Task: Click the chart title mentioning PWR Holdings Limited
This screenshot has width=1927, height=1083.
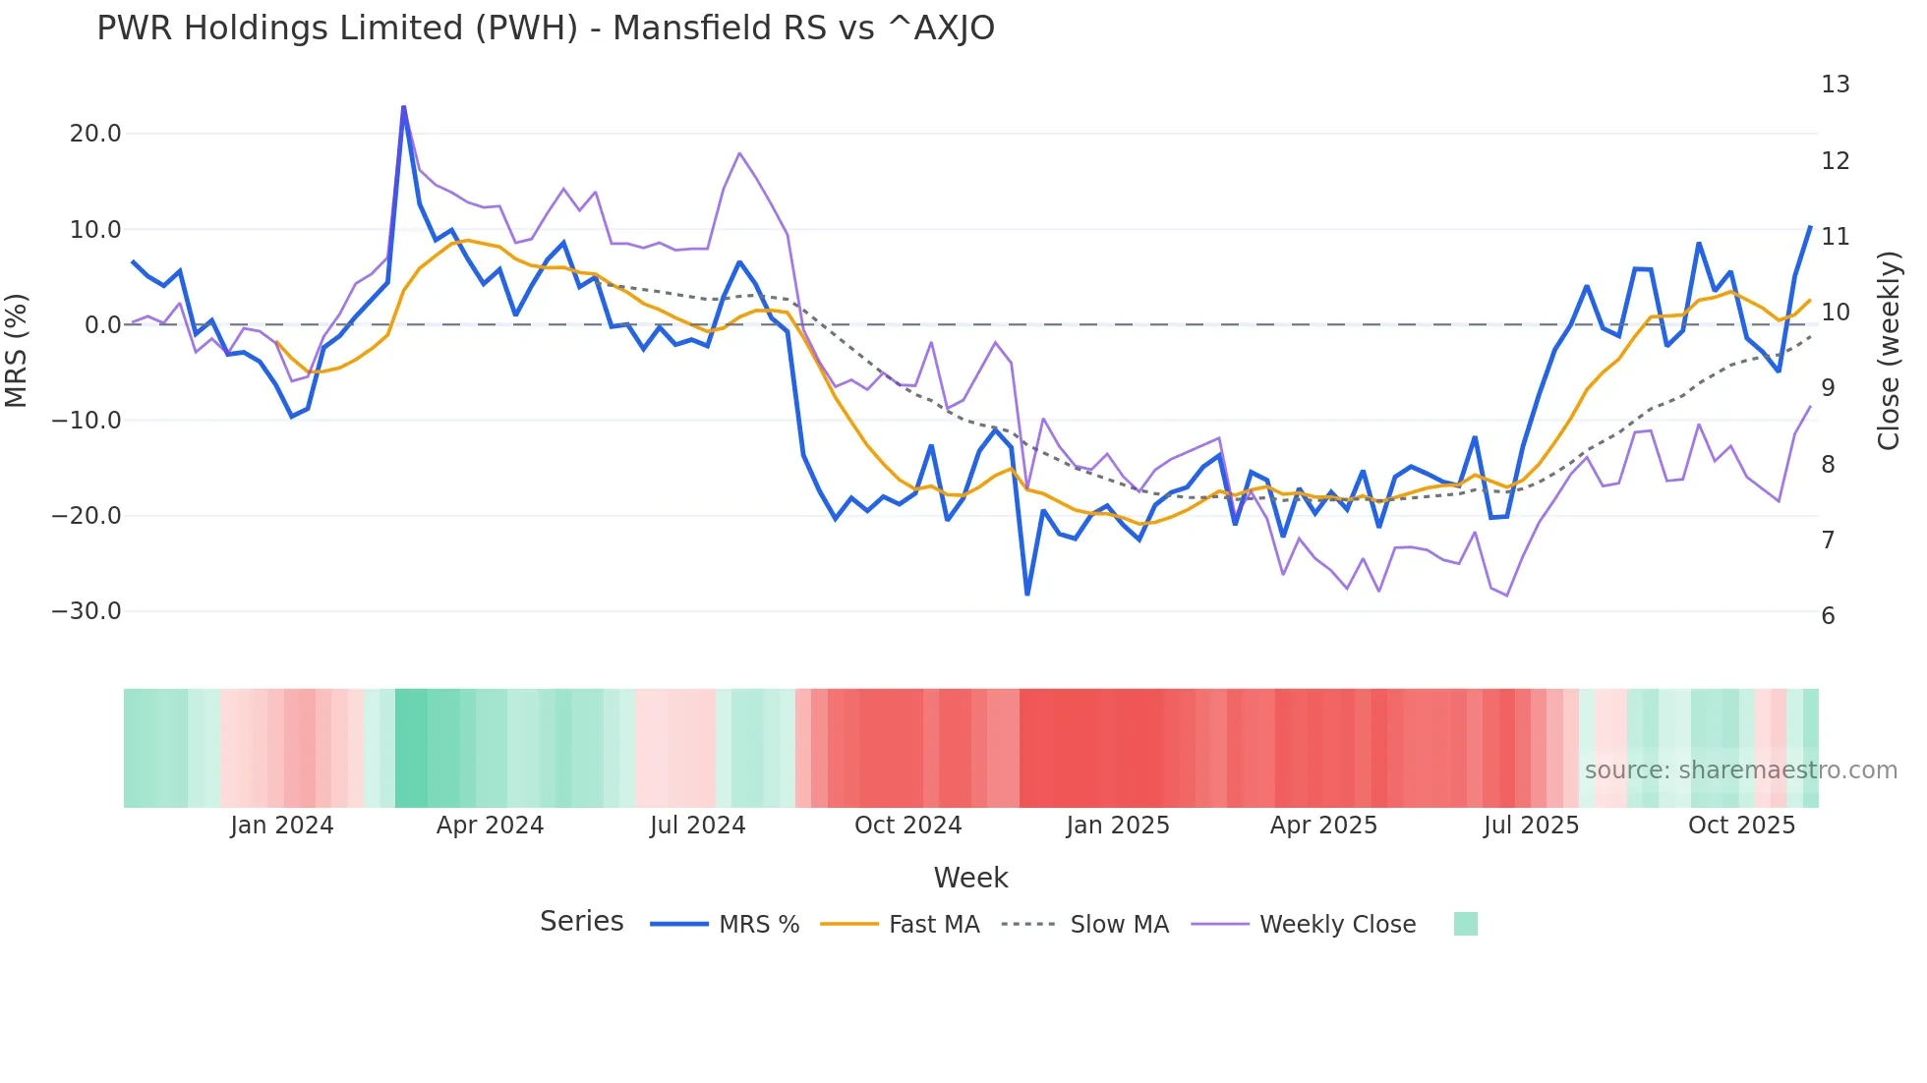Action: click(x=546, y=28)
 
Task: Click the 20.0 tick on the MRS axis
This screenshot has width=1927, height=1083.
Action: click(x=95, y=134)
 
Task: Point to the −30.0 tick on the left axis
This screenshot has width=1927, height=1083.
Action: click(x=87, y=611)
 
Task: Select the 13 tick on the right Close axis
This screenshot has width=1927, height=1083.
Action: click(x=1835, y=85)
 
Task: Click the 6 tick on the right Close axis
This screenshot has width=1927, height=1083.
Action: click(x=1828, y=616)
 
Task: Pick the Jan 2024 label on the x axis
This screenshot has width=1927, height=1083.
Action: click(x=282, y=826)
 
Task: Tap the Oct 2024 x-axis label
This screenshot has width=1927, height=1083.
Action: click(x=907, y=826)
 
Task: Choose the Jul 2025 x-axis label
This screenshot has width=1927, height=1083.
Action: click(x=1531, y=826)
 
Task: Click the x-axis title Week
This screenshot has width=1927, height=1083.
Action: click(x=970, y=878)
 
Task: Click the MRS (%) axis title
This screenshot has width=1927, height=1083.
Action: click(x=17, y=350)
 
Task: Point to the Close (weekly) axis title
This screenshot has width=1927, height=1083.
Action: click(x=1889, y=350)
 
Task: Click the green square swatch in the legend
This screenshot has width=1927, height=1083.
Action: click(x=1465, y=924)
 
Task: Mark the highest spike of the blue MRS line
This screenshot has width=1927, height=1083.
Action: click(x=403, y=107)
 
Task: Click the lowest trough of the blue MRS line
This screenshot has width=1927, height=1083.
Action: click(x=1027, y=594)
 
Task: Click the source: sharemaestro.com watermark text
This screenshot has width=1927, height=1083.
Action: click(x=1740, y=770)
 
